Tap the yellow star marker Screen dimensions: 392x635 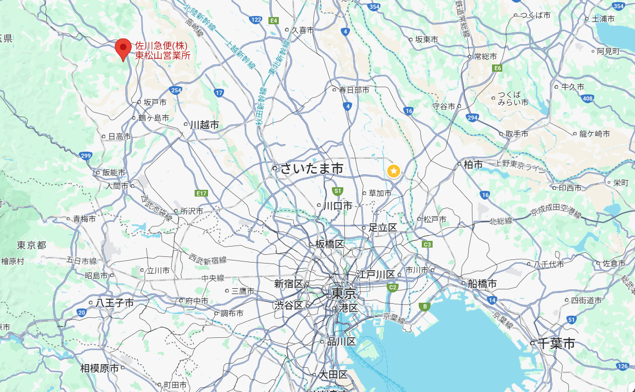(393, 171)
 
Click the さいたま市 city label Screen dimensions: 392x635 (311, 169)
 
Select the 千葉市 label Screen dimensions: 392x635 (555, 344)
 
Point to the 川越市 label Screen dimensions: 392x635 (204, 125)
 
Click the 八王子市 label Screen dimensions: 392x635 (114, 303)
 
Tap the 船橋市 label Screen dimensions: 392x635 (482, 284)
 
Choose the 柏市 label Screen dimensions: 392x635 (473, 165)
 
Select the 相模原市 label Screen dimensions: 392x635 (100, 368)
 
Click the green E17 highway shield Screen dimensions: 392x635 (201, 193)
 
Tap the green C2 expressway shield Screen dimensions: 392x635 (393, 287)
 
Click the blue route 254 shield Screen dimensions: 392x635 (177, 90)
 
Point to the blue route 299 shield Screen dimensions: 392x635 (86, 155)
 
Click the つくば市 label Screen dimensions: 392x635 (535, 15)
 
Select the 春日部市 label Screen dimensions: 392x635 (354, 90)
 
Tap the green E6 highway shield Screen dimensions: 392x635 (498, 68)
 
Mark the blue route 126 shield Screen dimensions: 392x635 (623, 366)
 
